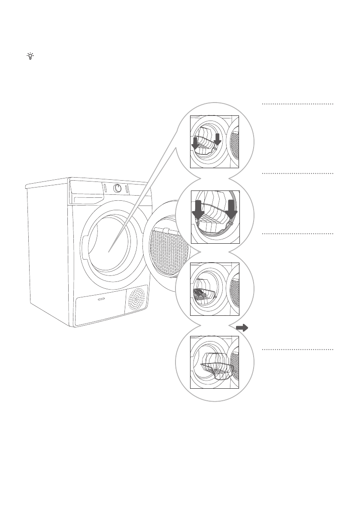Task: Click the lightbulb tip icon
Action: tap(30, 56)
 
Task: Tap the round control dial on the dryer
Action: tap(118, 188)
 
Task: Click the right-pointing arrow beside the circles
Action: tap(242, 328)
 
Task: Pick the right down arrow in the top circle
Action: tap(218, 139)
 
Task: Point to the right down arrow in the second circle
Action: tap(232, 209)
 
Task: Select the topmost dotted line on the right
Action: tap(297, 104)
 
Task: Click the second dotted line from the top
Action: tap(297, 174)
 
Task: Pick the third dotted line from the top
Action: tap(297, 234)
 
